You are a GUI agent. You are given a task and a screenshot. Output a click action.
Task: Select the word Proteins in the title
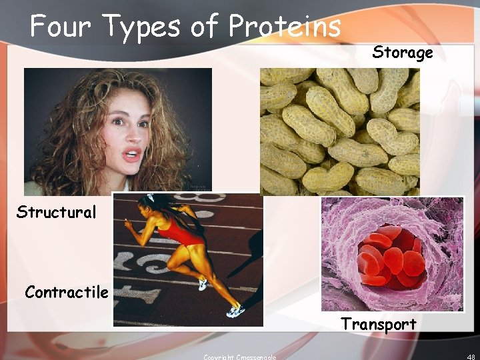click(285, 27)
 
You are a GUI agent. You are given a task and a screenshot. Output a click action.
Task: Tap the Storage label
click(403, 53)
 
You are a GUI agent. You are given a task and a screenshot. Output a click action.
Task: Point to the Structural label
click(57, 213)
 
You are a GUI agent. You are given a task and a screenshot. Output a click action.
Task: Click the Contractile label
click(66, 292)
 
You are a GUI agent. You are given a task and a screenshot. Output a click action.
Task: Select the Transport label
click(379, 325)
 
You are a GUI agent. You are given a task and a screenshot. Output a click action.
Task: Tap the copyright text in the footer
click(239, 357)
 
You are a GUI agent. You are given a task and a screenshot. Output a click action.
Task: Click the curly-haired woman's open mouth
click(133, 156)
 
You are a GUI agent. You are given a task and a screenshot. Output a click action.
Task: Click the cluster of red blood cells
click(391, 257)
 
